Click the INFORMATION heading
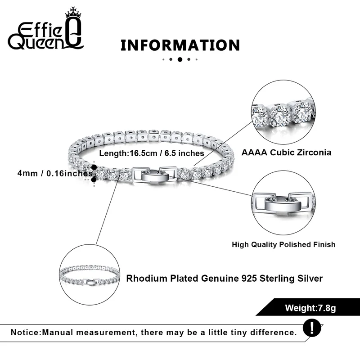pyautogui.click(x=180, y=45)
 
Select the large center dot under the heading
pyautogui.click(x=180, y=59)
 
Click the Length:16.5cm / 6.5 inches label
pyautogui.click(x=152, y=153)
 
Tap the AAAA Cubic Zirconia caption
pyautogui.click(x=286, y=152)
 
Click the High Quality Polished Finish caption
pyautogui.click(x=283, y=245)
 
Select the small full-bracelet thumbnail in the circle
pyautogui.click(x=92, y=278)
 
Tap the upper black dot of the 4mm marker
pyautogui.click(x=94, y=167)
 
